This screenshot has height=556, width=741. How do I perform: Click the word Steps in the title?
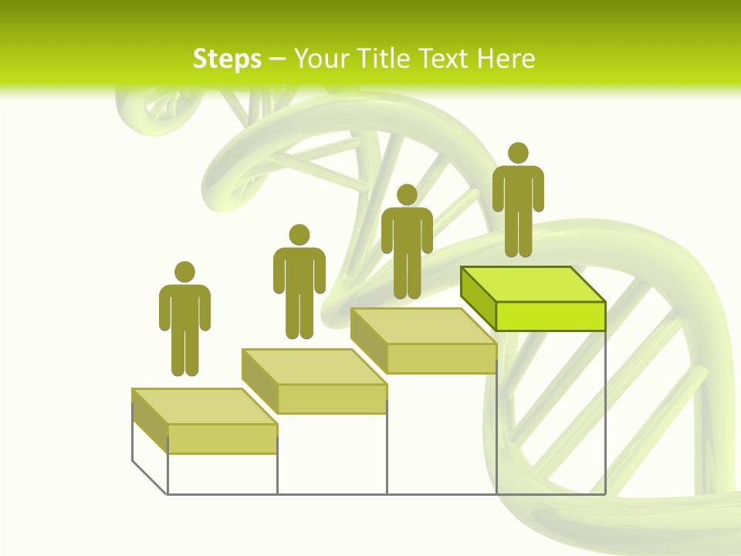coord(227,59)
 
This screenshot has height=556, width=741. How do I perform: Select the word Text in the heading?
coord(442,59)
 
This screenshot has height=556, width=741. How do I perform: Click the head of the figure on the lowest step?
coord(184,272)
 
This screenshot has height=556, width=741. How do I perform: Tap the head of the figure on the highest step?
coord(518,153)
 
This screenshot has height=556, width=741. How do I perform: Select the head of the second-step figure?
coord(299,235)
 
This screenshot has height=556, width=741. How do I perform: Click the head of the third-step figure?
coord(407,195)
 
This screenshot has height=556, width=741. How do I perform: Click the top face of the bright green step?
coord(533,284)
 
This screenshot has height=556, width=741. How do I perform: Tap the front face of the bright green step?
coord(550,316)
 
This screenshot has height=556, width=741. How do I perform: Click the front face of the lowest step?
coord(222,439)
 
